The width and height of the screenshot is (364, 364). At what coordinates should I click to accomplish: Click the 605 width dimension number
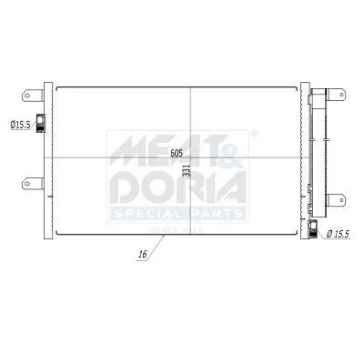176,153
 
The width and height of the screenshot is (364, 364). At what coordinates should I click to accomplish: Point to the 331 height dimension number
187,169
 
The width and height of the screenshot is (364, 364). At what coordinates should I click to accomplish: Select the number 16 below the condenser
142,256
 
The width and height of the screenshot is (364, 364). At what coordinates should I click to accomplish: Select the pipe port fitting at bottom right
312,230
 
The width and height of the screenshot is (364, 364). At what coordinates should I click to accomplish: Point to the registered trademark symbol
251,135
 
